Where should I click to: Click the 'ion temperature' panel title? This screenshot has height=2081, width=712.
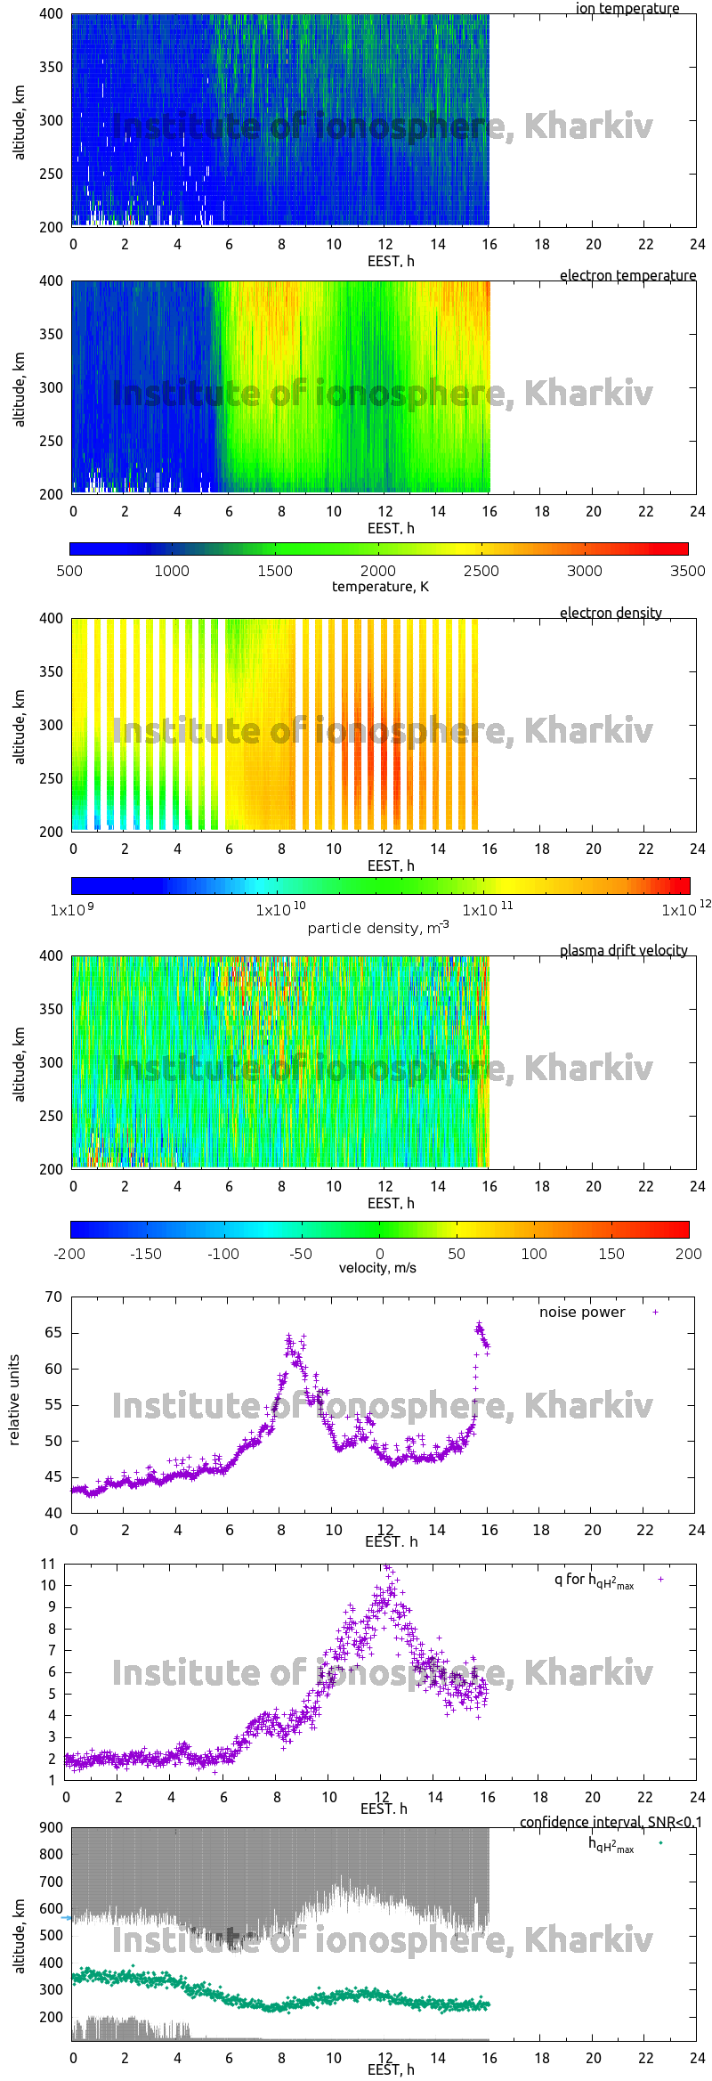click(627, 9)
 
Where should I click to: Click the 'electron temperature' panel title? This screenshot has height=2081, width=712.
click(627, 276)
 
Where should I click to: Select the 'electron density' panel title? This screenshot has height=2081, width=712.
click(611, 614)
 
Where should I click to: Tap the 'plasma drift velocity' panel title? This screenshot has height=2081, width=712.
click(623, 951)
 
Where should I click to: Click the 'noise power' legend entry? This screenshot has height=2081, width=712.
click(582, 1313)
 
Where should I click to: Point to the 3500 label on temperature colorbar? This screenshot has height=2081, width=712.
click(687, 571)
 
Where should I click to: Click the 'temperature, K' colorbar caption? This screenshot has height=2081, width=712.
click(380, 587)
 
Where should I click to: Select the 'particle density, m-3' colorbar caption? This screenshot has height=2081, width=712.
click(378, 928)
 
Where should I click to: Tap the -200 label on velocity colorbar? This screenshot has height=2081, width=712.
click(69, 1254)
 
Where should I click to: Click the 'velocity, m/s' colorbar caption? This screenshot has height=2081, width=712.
click(377, 1268)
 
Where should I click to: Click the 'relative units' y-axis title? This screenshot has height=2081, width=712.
click(14, 1400)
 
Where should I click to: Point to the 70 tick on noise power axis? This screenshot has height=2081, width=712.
click(53, 1297)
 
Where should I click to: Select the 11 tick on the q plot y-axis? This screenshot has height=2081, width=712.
click(48, 1564)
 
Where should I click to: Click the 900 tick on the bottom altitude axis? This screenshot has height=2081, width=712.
click(52, 1827)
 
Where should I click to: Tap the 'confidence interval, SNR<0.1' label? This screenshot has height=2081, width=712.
click(611, 1822)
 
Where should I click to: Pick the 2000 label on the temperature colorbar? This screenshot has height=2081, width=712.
click(378, 571)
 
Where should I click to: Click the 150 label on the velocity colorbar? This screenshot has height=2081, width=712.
click(611, 1254)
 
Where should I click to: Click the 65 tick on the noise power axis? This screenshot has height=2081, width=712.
click(53, 1333)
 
